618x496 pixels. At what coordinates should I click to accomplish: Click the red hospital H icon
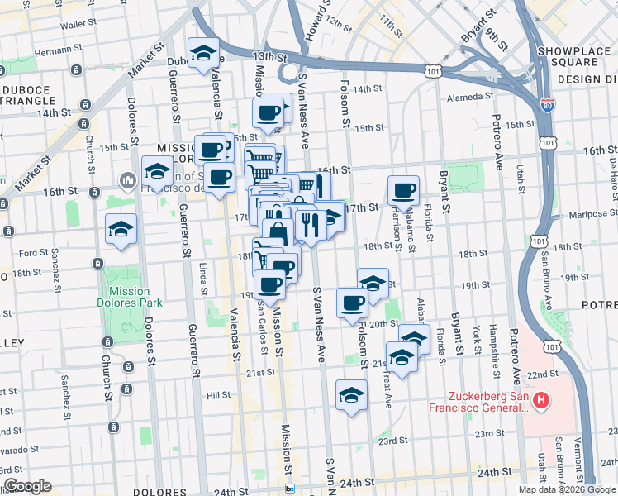tap(540, 402)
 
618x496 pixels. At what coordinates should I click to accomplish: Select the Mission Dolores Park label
tap(129, 297)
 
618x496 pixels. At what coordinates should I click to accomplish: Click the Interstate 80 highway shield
tap(548, 105)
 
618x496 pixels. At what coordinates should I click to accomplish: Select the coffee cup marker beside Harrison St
tap(403, 191)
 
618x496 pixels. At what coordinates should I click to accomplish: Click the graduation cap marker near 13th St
tap(203, 54)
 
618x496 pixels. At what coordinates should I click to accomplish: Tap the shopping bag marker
tap(278, 234)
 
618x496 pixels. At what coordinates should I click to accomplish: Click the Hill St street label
tap(218, 396)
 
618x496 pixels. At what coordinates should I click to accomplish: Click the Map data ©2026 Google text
tap(566, 489)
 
